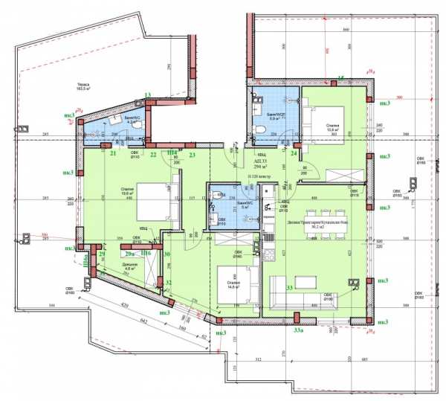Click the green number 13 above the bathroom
(x=148, y=94)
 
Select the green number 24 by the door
(x=294, y=154)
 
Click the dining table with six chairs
(x=337, y=226)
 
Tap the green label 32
(x=169, y=283)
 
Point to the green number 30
(x=168, y=254)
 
